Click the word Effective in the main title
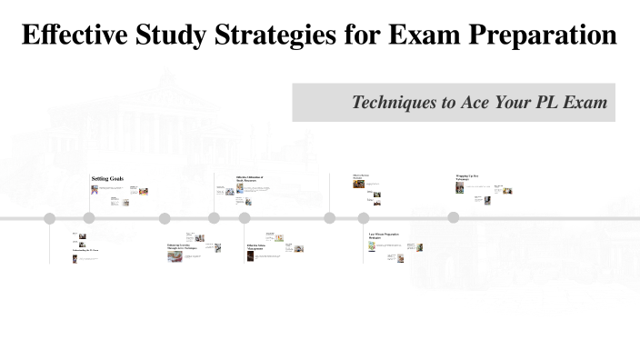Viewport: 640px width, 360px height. tap(68, 35)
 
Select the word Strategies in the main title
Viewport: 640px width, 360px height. tap(276, 35)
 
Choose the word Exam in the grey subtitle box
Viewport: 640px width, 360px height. tap(585, 103)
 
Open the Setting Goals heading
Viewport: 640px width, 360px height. tap(107, 179)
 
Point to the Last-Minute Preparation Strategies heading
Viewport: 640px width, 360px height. tap(385, 236)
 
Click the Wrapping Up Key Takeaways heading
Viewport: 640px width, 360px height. tap(468, 178)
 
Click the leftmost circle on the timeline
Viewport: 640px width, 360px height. tap(50, 218)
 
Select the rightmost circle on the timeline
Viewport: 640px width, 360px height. tap(454, 218)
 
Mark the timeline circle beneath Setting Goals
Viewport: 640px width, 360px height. tap(89, 218)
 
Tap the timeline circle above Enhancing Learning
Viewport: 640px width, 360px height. tap(165, 218)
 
